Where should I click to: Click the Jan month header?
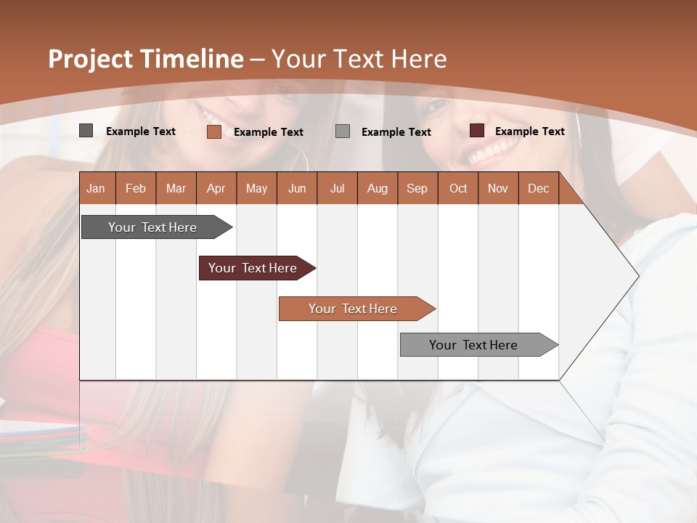pyautogui.click(x=97, y=188)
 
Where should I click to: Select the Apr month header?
pyautogui.click(x=216, y=188)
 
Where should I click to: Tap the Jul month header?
pyautogui.click(x=337, y=188)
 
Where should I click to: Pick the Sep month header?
pyautogui.click(x=417, y=188)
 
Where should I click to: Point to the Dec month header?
pyautogui.click(x=538, y=188)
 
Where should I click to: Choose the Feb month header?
pyautogui.click(x=136, y=188)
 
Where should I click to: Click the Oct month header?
pyautogui.click(x=458, y=188)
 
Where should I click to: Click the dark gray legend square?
pyautogui.click(x=86, y=131)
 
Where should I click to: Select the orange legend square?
pyautogui.click(x=213, y=131)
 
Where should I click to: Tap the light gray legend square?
pyautogui.click(x=343, y=131)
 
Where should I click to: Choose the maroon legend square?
pyautogui.click(x=477, y=131)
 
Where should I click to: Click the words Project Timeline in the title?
pyautogui.click(x=146, y=59)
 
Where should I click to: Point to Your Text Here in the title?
pyautogui.click(x=359, y=59)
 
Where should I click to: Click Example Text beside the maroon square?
pyautogui.click(x=529, y=131)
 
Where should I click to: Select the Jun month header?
pyautogui.click(x=297, y=188)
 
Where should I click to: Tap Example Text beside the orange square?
pyautogui.click(x=268, y=132)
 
